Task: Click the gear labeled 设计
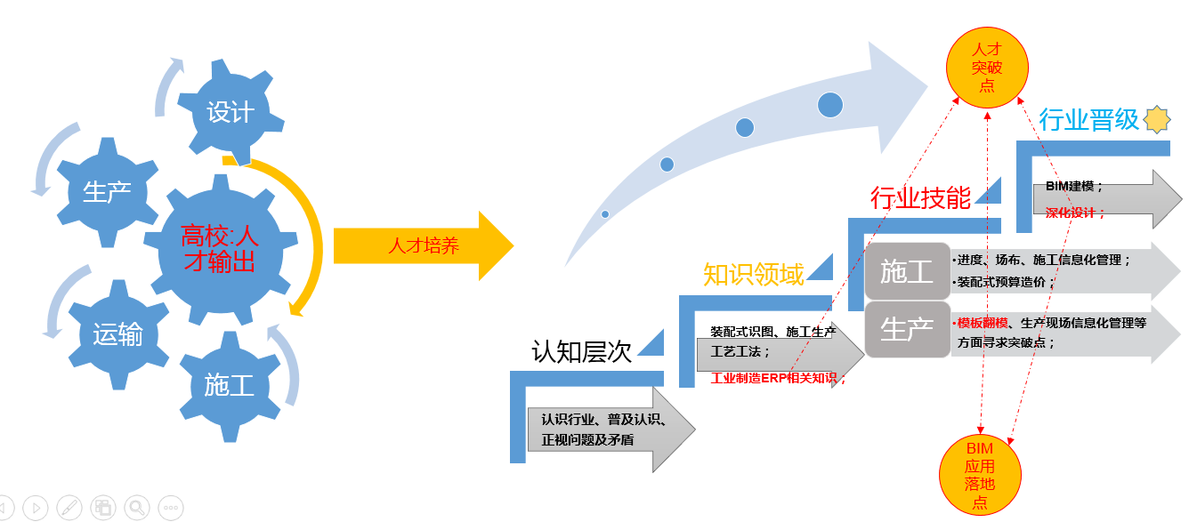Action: tap(230, 113)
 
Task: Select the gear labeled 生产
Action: tap(107, 191)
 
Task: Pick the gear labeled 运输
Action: tap(117, 334)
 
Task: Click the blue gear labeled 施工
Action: tap(229, 385)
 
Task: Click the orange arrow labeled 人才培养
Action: tap(424, 246)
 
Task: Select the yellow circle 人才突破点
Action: tap(986, 67)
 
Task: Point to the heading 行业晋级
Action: tap(1088, 119)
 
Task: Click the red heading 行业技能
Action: tap(920, 197)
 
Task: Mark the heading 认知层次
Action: tap(581, 352)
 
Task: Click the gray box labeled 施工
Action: tap(906, 271)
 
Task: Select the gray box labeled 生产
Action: tap(906, 330)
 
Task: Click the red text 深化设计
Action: tap(1075, 213)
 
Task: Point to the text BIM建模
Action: tap(1074, 188)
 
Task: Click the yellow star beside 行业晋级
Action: tap(1157, 118)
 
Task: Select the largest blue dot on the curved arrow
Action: tap(829, 105)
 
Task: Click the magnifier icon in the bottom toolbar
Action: tap(136, 508)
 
